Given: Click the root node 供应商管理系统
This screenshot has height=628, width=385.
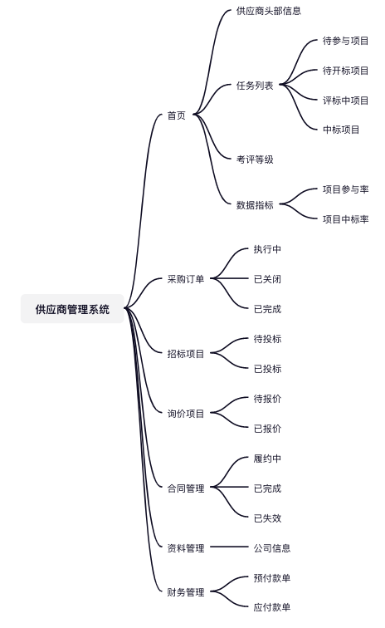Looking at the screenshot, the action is pyautogui.click(x=72, y=309).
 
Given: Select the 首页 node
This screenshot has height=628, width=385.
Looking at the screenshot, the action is pyautogui.click(x=177, y=115).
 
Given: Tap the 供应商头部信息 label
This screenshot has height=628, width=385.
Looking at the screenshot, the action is pyautogui.click(x=269, y=11).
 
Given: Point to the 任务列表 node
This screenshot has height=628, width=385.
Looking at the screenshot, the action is pyautogui.click(x=255, y=86).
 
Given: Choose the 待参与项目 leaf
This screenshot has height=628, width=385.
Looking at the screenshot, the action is pyautogui.click(x=345, y=41).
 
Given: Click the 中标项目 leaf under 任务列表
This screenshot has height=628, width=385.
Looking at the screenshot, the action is pyautogui.click(x=341, y=130).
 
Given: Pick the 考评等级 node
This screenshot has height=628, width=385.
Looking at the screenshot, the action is pyautogui.click(x=255, y=159).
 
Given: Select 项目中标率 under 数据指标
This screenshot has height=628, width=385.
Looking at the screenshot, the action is pyautogui.click(x=345, y=219).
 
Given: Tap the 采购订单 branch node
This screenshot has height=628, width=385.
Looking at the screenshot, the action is pyautogui.click(x=186, y=279).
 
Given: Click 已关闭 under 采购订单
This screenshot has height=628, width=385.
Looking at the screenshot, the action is pyautogui.click(x=267, y=279).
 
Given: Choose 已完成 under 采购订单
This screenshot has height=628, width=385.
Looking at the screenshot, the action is pyautogui.click(x=267, y=309).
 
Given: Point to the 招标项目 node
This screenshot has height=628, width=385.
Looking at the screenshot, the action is pyautogui.click(x=186, y=354).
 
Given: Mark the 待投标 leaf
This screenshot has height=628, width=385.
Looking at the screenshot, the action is pyautogui.click(x=267, y=339).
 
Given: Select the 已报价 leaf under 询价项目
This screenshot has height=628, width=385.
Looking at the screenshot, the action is pyautogui.click(x=267, y=429).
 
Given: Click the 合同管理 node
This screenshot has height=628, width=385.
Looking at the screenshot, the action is pyautogui.click(x=186, y=488).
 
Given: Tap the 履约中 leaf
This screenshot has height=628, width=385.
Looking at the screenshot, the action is pyautogui.click(x=267, y=459).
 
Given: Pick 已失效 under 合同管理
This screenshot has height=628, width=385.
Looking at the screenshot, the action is pyautogui.click(x=267, y=518).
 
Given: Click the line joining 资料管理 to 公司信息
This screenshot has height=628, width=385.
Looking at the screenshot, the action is pyautogui.click(x=229, y=547).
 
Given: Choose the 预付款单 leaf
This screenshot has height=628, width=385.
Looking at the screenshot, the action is pyautogui.click(x=272, y=578).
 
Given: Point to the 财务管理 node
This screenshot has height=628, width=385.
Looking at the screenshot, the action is pyautogui.click(x=186, y=592).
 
